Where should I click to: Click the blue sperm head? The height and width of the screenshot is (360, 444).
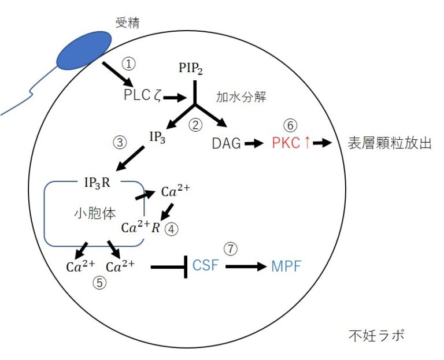pyautogui.click(x=84, y=49)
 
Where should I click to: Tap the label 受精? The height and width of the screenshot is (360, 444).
pyautogui.click(x=128, y=23)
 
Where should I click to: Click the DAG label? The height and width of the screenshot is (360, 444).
pyautogui.click(x=227, y=144)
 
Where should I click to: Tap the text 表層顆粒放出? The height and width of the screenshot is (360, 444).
pyautogui.click(x=390, y=143)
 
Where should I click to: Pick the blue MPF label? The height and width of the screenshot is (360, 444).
pyautogui.click(x=286, y=266)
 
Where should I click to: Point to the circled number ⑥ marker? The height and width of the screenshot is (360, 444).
pyautogui.click(x=291, y=125)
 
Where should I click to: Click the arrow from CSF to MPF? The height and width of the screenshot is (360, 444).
pyautogui.click(x=246, y=266)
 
